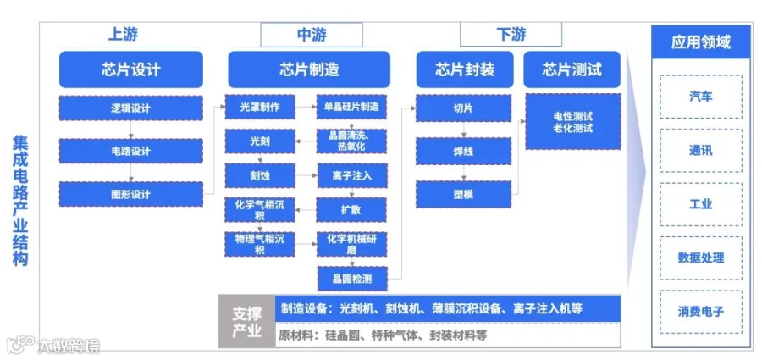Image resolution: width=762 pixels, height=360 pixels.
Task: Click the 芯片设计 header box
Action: [130, 69]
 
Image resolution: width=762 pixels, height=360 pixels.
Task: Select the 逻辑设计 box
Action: [130, 108]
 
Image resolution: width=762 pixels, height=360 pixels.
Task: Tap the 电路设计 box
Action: [130, 152]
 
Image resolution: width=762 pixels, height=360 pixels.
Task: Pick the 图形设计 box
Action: [130, 194]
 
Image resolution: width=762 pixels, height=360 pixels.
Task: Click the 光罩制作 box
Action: [259, 108]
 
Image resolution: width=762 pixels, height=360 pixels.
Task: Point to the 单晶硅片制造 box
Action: [351, 108]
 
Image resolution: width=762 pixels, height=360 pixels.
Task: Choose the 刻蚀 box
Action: [259, 175]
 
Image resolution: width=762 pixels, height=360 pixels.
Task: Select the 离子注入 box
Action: [351, 176]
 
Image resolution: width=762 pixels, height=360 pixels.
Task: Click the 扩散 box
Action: [351, 208]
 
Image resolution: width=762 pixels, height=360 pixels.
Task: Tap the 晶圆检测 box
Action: [351, 277]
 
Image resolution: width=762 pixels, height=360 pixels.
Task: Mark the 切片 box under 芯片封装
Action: [462, 108]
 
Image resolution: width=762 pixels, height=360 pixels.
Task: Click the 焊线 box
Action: [462, 152]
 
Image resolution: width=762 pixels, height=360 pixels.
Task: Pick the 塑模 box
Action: [462, 194]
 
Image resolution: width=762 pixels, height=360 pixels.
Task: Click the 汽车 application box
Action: [700, 97]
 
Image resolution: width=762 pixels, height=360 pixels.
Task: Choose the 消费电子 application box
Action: [700, 311]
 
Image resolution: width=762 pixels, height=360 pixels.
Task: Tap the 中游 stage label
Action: [312, 35]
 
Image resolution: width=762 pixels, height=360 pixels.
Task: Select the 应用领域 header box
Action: [700, 42]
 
